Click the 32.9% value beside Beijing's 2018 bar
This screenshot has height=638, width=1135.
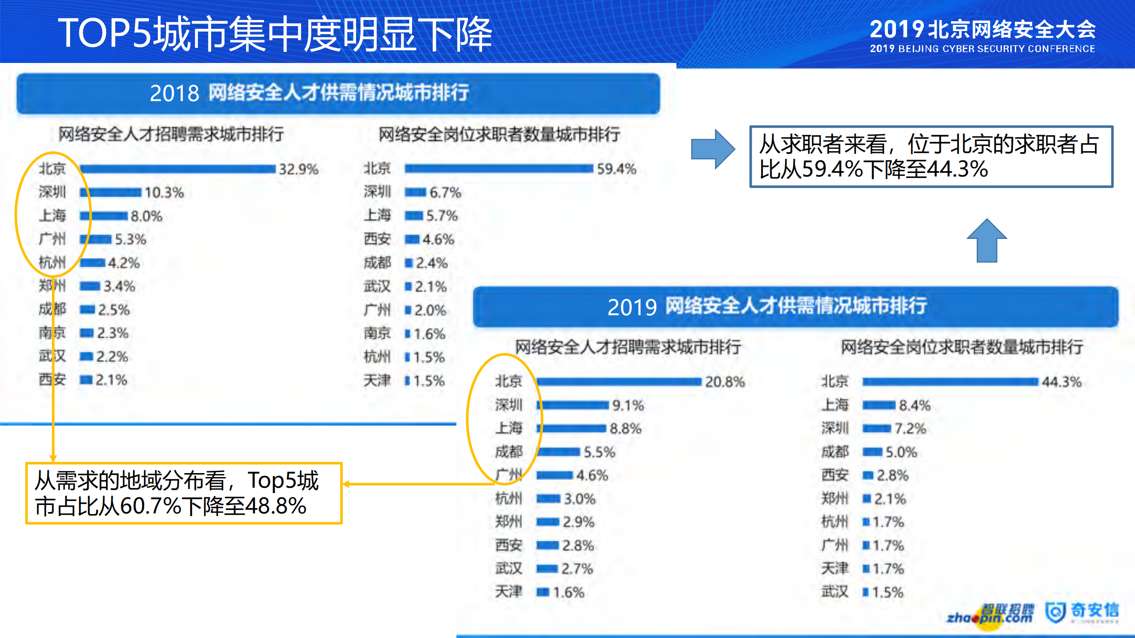[298, 169]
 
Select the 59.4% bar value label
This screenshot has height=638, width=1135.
[617, 169]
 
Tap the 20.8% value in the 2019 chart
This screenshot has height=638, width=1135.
[725, 382]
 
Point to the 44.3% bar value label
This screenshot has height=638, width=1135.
[1062, 382]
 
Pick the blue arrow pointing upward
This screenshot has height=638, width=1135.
[987, 241]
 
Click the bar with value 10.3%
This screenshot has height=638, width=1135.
[111, 192]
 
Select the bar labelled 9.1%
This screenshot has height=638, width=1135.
[573, 405]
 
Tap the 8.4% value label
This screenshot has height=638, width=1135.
[915, 405]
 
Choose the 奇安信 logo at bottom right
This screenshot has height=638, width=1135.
[1082, 612]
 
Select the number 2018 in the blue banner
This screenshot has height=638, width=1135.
[174, 94]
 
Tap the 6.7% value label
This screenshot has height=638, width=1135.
[445, 192]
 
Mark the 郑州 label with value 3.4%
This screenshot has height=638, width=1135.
[52, 286]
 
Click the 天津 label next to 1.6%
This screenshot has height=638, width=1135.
[509, 591]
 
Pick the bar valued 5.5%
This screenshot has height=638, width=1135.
[558, 452]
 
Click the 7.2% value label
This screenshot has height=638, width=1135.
[910, 429]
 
